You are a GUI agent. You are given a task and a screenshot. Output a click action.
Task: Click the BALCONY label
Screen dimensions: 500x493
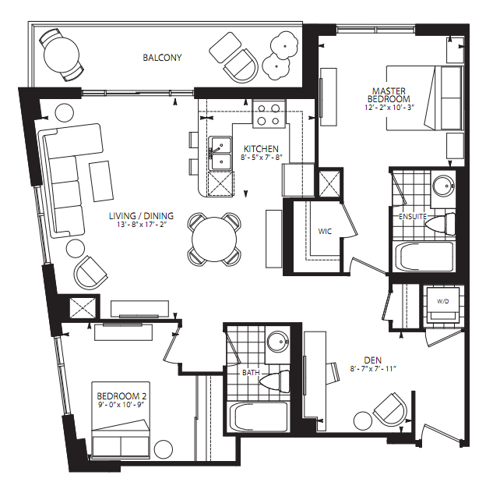coord(162,58)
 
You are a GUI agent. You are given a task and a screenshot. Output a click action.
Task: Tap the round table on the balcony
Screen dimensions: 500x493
coord(62,55)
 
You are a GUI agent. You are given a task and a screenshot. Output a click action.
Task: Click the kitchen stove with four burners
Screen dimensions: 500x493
coord(269,114)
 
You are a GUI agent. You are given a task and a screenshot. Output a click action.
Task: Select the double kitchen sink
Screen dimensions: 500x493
coord(220,154)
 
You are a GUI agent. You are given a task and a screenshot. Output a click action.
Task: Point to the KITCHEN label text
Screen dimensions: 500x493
coord(261,149)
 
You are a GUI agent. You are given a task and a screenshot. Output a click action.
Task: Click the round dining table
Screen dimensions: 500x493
coord(214,239)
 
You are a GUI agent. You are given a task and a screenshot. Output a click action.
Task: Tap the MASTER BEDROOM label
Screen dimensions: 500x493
coord(389,95)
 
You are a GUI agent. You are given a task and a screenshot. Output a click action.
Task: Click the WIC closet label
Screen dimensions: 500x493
coord(325,231)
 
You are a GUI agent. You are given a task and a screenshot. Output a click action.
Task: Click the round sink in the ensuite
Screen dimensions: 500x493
coord(443,185)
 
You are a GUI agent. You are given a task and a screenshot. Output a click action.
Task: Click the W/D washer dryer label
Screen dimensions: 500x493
coord(443,301)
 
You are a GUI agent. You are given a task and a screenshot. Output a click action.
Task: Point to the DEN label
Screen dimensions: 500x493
coord(373,360)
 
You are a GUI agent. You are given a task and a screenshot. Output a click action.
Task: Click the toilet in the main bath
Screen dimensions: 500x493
coord(275,381)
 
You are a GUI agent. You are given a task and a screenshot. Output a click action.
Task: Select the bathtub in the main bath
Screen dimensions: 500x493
coord(257,417)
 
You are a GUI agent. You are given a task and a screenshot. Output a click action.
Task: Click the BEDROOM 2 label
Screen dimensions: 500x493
coord(121,396)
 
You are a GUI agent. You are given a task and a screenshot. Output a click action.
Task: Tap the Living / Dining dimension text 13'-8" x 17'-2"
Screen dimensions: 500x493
coord(142,225)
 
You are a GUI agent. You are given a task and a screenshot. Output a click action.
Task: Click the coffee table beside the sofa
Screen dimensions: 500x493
coord(101,181)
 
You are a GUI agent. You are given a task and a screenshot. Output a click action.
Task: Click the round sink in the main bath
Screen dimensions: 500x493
coord(278,342)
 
